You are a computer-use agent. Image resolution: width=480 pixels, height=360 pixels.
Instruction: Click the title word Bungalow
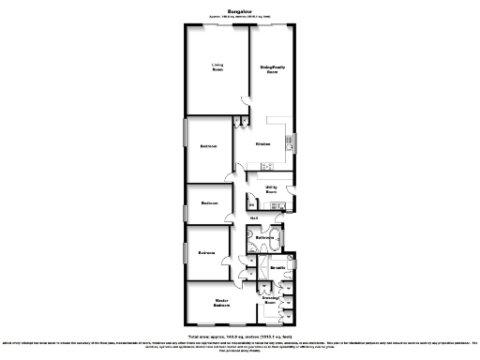(x=239, y=11)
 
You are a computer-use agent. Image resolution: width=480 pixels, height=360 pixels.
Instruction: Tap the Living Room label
(x=217, y=68)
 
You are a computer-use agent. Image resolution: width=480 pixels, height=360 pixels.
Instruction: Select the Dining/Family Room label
(x=271, y=68)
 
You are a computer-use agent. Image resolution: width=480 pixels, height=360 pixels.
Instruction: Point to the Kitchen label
(x=263, y=144)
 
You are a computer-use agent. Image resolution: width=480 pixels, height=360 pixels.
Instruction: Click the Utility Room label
(x=271, y=189)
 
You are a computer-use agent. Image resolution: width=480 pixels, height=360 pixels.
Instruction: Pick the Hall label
(x=253, y=218)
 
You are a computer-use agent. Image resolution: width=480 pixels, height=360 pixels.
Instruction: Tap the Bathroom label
(x=263, y=238)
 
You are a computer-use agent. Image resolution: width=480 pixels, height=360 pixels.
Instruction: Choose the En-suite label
(x=277, y=268)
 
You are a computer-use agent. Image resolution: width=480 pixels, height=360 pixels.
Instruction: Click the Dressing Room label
(x=270, y=300)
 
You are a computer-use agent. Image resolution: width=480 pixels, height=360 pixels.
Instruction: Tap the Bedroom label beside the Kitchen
(x=209, y=146)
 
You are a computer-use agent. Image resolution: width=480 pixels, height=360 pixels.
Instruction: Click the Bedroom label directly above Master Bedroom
(x=207, y=252)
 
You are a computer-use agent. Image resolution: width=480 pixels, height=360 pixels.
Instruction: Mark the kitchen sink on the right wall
(x=289, y=142)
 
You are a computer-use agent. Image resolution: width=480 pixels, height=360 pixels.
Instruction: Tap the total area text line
(x=240, y=335)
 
